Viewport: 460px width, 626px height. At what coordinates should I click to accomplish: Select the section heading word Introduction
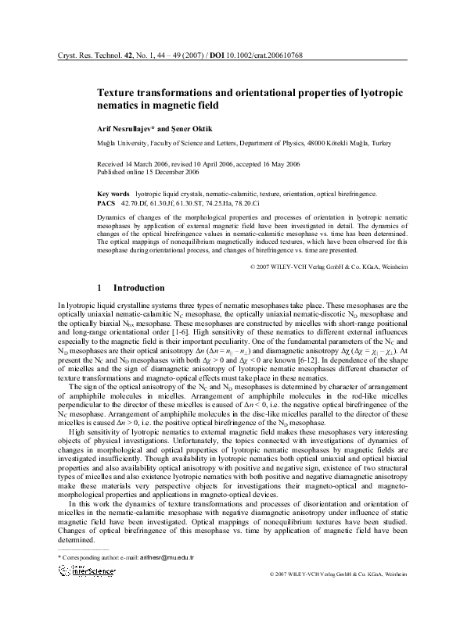click(139, 288)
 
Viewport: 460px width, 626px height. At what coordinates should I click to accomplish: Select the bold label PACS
click(106, 202)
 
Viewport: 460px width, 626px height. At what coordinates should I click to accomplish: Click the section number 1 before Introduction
click(99, 288)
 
